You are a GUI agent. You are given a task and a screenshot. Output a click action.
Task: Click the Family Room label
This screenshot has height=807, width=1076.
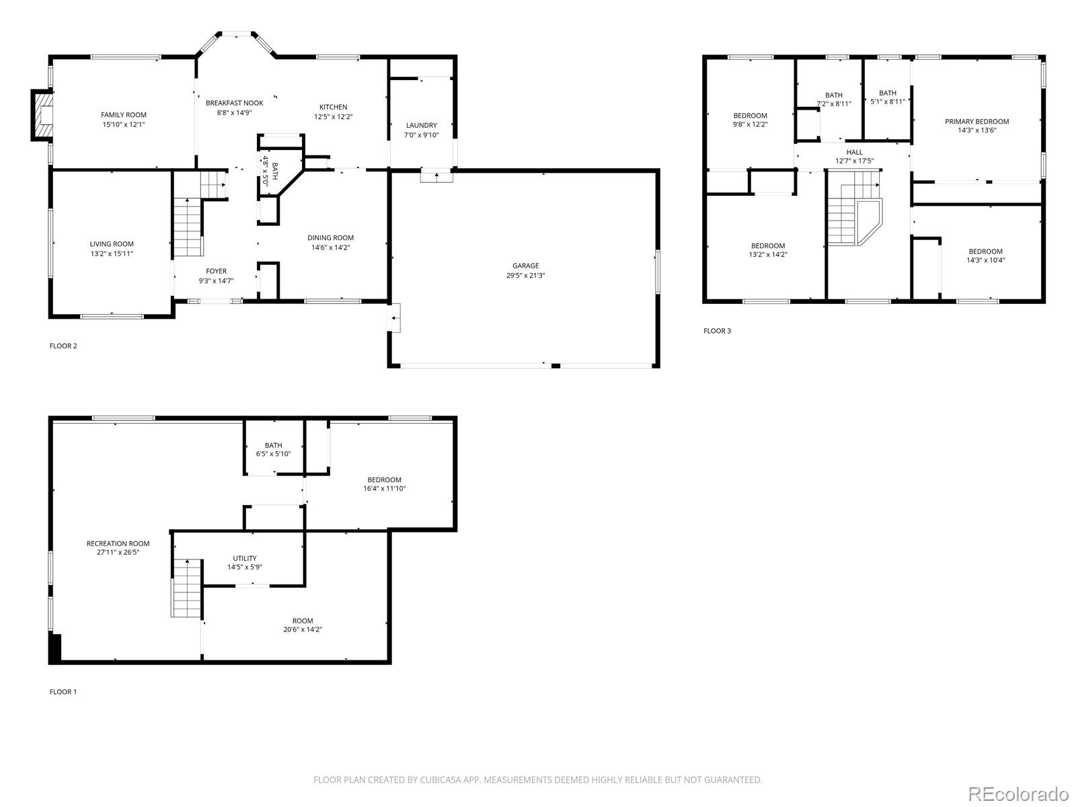(124, 115)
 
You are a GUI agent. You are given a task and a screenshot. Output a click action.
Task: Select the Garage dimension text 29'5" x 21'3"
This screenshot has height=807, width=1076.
(525, 275)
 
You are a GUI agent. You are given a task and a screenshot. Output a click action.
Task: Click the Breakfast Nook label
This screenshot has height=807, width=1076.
(234, 103)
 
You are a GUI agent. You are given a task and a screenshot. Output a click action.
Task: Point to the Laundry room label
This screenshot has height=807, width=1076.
(421, 125)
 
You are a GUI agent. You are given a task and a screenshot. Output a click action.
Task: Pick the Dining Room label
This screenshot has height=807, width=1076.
(330, 237)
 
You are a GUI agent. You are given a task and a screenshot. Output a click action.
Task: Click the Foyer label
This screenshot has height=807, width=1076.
(216, 271)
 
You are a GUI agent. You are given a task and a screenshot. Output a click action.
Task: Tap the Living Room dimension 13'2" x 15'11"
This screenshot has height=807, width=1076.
(112, 254)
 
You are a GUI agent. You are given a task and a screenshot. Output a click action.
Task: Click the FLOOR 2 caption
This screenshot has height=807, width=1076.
(63, 346)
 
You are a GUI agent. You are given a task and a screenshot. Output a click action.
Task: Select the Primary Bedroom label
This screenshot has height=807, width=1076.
(976, 122)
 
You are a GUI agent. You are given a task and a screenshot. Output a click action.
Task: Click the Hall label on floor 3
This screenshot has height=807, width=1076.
(854, 152)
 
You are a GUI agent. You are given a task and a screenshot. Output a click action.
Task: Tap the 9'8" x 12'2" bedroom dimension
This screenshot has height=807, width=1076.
(750, 124)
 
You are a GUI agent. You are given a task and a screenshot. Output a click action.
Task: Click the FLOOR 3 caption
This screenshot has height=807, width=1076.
(717, 330)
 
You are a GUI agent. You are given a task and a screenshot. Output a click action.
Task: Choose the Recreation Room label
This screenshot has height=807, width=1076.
(118, 543)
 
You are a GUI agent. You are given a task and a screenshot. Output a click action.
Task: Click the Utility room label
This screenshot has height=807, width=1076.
(244, 558)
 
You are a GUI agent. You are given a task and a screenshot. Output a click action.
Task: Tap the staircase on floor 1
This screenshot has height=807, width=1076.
(187, 588)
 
